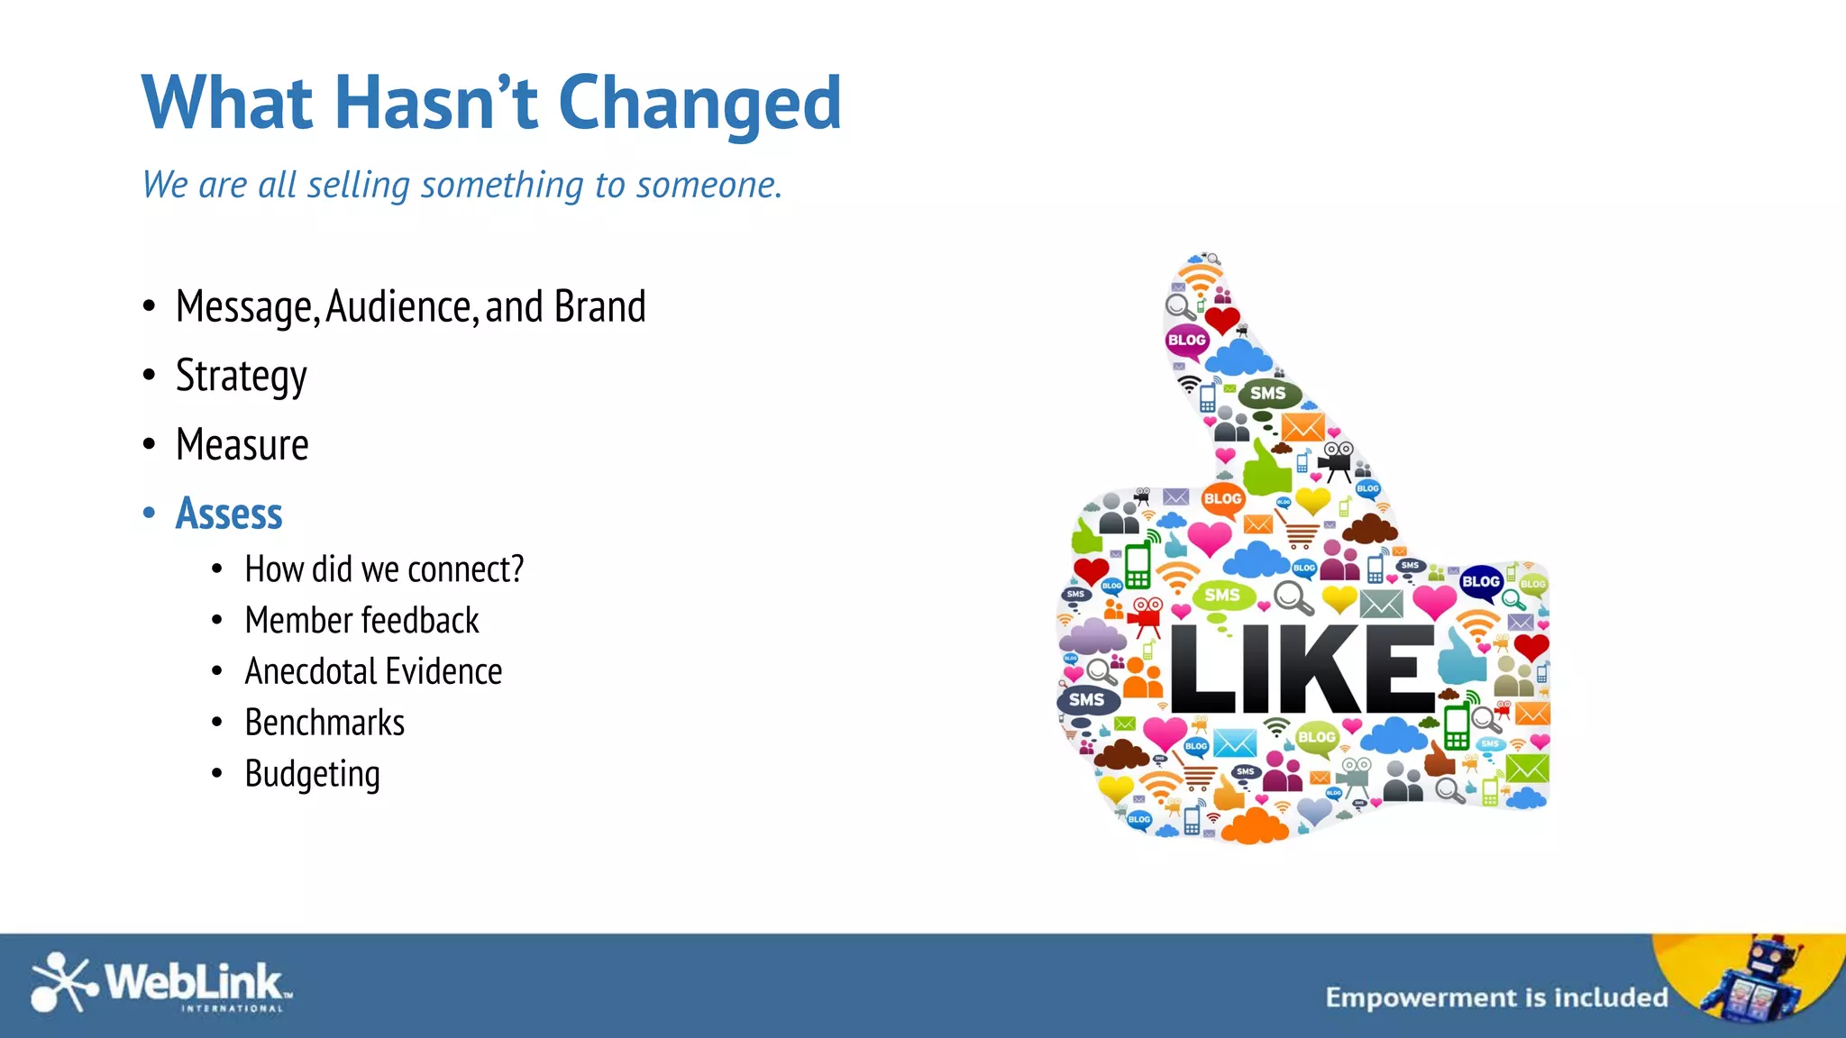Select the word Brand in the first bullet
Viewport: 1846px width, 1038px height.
click(599, 306)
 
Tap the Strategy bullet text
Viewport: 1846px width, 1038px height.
click(241, 376)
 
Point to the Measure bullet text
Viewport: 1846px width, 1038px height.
click(242, 445)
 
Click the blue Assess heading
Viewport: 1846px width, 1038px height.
click(229, 514)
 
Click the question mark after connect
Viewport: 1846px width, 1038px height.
click(516, 569)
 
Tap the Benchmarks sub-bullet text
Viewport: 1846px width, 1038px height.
click(324, 723)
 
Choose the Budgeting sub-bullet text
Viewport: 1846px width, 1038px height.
click(312, 774)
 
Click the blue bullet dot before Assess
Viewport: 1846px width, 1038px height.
click(150, 514)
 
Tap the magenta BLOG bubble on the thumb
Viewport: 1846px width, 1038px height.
click(1186, 341)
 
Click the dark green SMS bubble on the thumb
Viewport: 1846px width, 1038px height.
click(1268, 394)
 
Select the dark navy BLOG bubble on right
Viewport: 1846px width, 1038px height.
click(1480, 582)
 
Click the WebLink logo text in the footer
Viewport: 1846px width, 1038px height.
click(194, 982)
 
